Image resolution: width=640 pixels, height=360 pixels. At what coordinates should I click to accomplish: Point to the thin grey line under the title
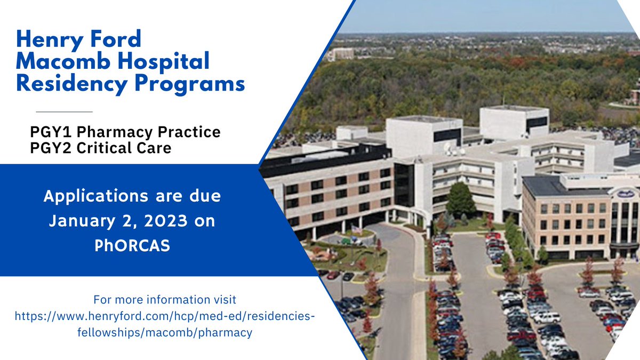tap(64, 111)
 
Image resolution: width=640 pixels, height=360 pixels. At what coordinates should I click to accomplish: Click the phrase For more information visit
tap(164, 299)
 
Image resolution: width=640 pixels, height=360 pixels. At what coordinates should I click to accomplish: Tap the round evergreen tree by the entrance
tap(460, 201)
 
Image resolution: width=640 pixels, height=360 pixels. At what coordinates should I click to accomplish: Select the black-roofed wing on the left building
tap(325, 159)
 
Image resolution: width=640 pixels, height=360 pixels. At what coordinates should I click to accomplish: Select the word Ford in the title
tap(116, 40)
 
